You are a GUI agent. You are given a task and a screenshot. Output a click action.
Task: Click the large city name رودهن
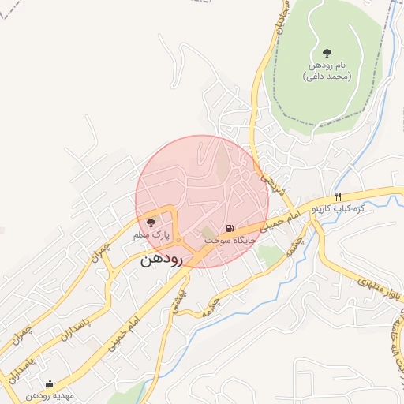tap(162, 260)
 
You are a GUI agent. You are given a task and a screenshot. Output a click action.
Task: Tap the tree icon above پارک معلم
tap(151, 223)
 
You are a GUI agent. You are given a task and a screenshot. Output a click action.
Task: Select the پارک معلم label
tap(151, 235)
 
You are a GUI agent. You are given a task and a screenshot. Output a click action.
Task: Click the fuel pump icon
tap(230, 226)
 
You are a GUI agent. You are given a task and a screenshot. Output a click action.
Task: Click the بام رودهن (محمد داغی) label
tap(327, 72)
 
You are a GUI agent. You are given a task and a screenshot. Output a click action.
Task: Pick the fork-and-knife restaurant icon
tap(338, 196)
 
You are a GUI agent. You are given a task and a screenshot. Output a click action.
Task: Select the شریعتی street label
tap(270, 184)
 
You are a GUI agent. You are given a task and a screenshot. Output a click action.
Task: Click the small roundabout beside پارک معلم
tap(179, 239)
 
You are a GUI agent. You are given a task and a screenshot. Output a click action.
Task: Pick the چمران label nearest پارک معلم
tap(100, 251)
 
